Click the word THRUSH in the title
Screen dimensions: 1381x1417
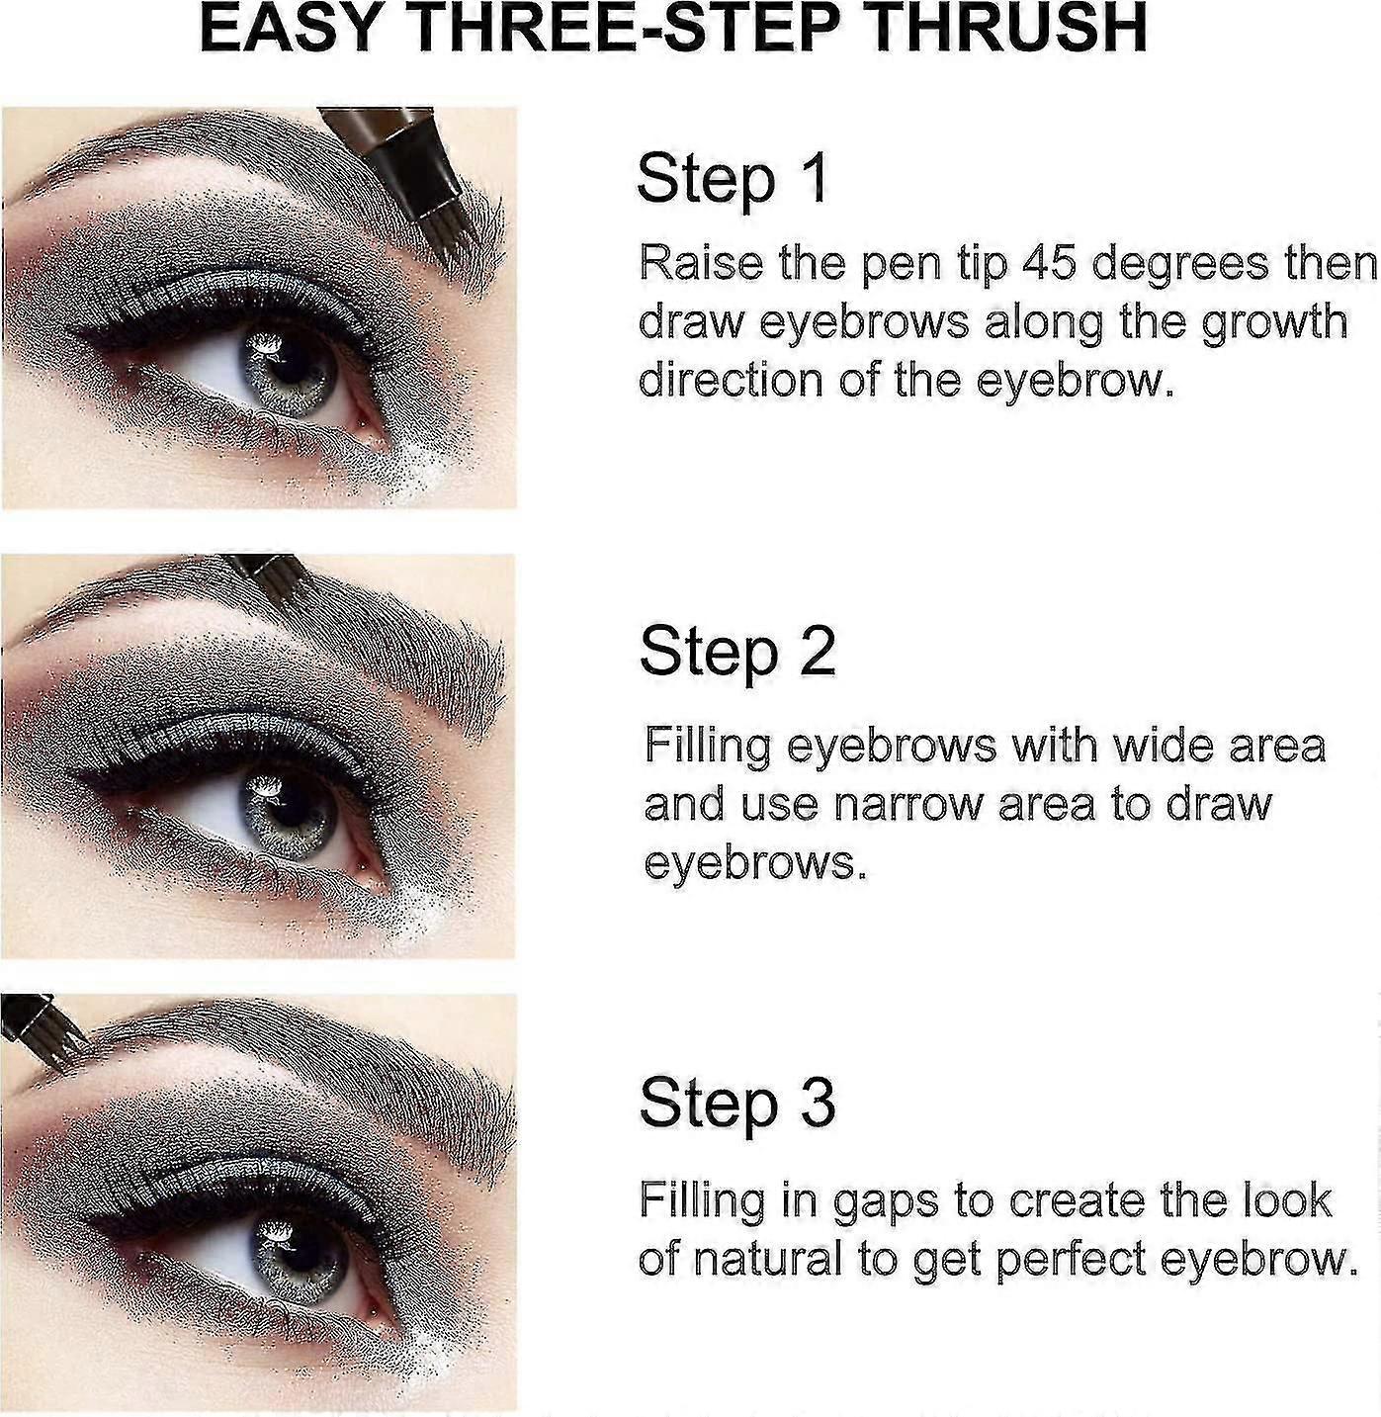coord(1018,28)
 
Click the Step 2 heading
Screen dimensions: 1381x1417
coord(736,652)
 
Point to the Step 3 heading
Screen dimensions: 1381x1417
coord(736,1104)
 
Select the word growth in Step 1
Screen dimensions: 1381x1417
coord(1273,322)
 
